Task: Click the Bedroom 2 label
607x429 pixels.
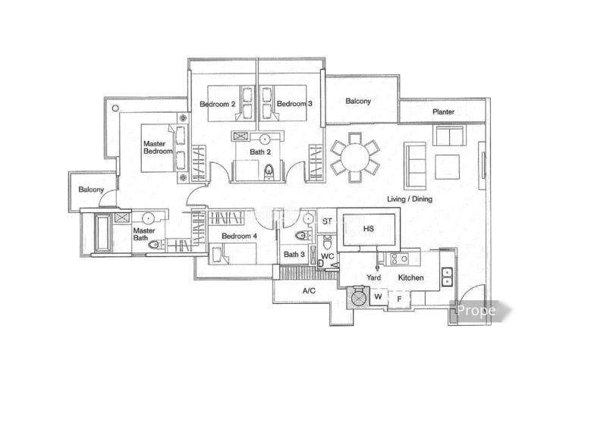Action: (217, 104)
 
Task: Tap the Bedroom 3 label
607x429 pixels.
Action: (294, 104)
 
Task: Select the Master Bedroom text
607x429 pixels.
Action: (158, 147)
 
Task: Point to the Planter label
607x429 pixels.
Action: (443, 111)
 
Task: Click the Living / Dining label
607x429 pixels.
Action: (410, 199)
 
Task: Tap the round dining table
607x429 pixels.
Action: (354, 157)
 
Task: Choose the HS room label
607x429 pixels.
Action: (369, 229)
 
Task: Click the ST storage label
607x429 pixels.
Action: (327, 221)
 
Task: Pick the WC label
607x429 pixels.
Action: (327, 256)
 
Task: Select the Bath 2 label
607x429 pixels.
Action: (260, 152)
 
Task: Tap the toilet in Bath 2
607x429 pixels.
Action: (269, 171)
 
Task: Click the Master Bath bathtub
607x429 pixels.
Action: (103, 233)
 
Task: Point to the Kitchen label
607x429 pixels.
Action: (410, 277)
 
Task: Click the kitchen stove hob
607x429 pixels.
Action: (399, 258)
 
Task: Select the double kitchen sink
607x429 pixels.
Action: (447, 277)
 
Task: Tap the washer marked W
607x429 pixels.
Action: (378, 297)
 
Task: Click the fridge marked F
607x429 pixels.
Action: (399, 299)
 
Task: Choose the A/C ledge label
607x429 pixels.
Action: (309, 290)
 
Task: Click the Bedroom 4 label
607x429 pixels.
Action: (239, 236)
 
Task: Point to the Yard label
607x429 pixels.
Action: (373, 277)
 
